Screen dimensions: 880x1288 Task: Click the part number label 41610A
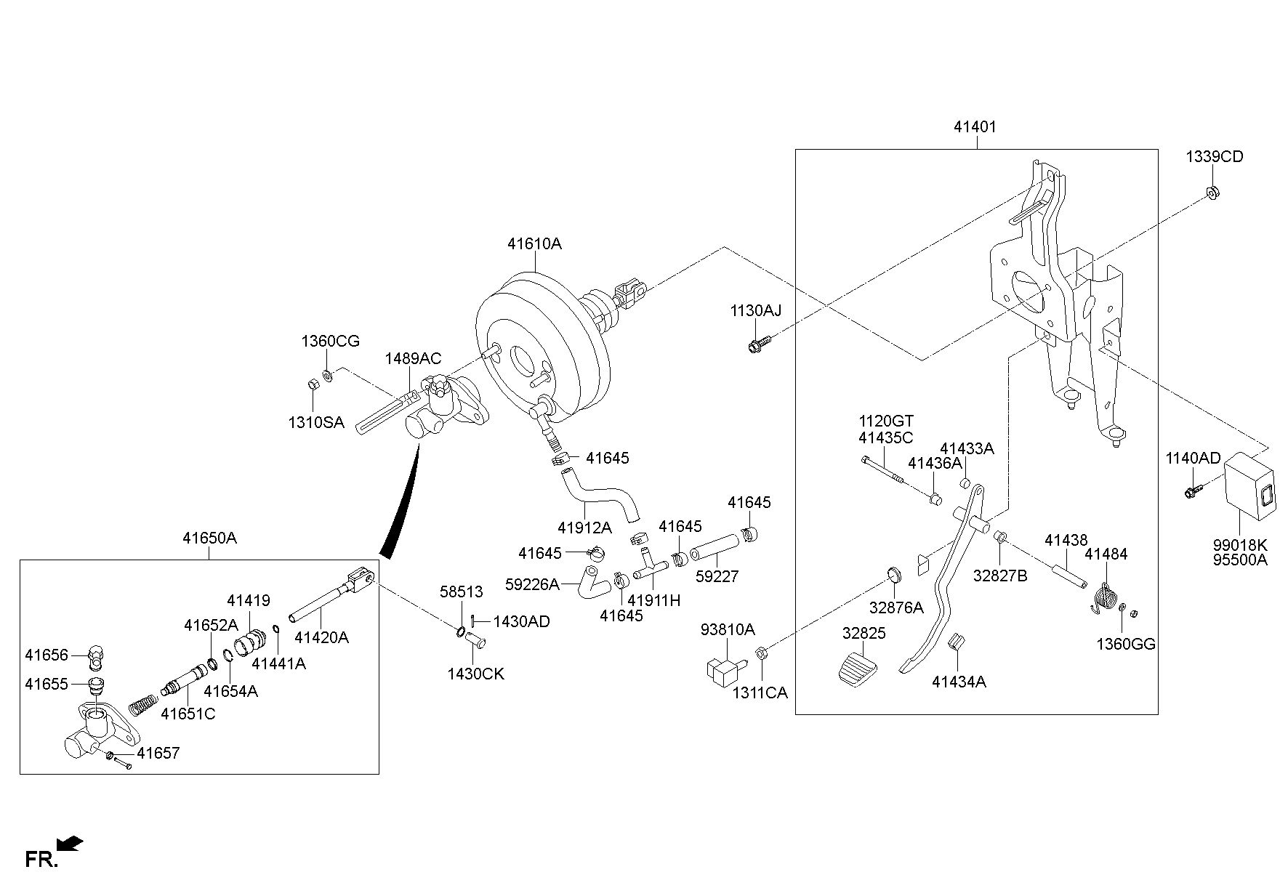(x=534, y=244)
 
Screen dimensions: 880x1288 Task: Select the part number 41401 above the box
(x=975, y=126)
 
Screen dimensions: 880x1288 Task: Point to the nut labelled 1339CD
(x=1213, y=193)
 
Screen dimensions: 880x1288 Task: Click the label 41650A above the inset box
(x=209, y=538)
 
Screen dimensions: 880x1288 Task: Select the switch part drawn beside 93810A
(x=720, y=669)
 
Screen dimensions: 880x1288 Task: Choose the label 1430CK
(x=475, y=674)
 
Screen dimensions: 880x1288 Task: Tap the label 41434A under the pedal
(x=959, y=682)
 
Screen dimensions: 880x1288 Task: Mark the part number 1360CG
(x=331, y=341)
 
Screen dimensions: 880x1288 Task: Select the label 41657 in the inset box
(x=158, y=753)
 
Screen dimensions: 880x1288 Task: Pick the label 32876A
(x=896, y=607)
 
